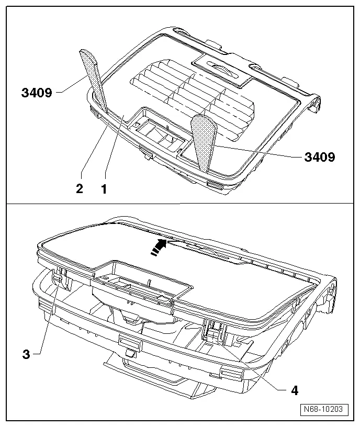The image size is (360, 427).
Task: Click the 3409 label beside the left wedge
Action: pyautogui.click(x=37, y=93)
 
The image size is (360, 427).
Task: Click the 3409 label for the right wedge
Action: pyautogui.click(x=320, y=156)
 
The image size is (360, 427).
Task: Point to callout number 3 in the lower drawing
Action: pyautogui.click(x=26, y=354)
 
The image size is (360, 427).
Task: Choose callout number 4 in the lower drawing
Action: pyautogui.click(x=295, y=390)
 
